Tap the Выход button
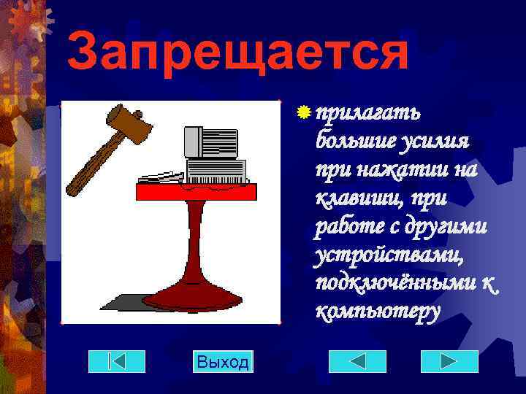coord(223,362)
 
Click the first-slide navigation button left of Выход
coord(117,362)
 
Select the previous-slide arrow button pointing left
coord(357,362)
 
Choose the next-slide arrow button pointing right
coord(449,362)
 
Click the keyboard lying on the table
coord(161,177)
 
